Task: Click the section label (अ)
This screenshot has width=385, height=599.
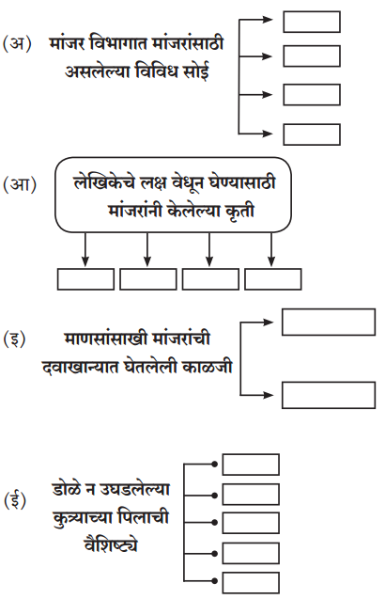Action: point(17,44)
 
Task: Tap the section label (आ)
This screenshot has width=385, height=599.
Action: point(20,184)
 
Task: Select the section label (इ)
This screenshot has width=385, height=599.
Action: point(14,339)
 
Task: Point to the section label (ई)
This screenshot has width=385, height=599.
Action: point(15,501)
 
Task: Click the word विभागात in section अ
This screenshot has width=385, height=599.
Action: point(117,43)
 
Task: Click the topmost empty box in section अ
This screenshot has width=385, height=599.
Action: point(312,22)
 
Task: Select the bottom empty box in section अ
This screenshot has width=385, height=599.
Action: point(312,134)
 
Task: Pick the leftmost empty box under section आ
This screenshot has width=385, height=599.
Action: point(85,279)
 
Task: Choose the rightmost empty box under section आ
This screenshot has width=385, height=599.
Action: point(273,279)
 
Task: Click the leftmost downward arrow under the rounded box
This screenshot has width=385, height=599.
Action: point(85,249)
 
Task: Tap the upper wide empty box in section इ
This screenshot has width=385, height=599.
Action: point(329,323)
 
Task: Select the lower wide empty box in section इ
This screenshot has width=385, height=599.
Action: point(329,395)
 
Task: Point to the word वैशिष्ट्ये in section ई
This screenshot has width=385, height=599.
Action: point(110,544)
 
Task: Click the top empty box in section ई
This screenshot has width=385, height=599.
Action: point(251,465)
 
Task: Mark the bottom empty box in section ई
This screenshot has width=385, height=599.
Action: point(251,583)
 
